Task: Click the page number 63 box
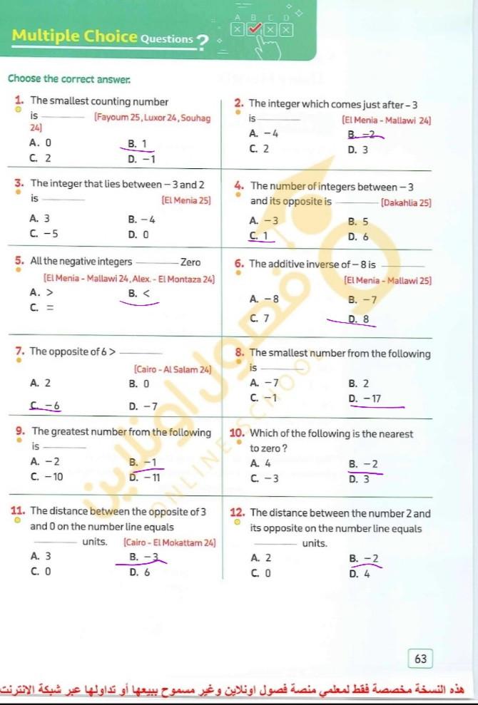click(420, 659)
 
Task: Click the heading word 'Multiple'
click(45, 36)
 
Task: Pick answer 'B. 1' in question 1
click(138, 144)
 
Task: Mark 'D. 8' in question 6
click(358, 319)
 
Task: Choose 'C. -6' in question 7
click(45, 406)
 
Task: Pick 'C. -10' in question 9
click(46, 477)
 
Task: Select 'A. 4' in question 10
click(260, 463)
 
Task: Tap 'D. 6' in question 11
click(138, 571)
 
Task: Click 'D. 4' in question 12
click(359, 572)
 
